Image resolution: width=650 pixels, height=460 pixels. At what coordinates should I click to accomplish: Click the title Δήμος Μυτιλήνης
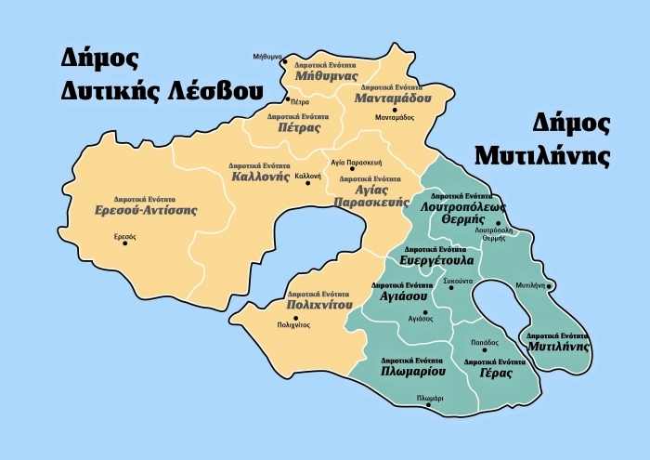pyautogui.click(x=542, y=139)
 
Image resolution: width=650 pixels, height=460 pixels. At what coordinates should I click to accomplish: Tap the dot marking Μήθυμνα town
pyautogui.click(x=285, y=62)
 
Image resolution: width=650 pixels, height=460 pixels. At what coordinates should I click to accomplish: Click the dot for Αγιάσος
pyautogui.click(x=422, y=309)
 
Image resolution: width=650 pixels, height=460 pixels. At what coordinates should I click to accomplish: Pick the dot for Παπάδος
pyautogui.click(x=484, y=351)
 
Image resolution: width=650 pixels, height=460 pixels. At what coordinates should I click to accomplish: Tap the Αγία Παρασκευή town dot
pyautogui.click(x=352, y=170)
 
